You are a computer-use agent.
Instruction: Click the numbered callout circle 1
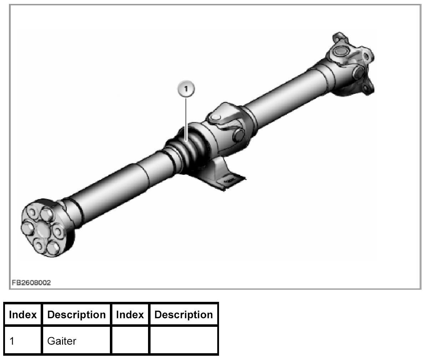(186, 88)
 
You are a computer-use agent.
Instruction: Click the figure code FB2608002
(31, 283)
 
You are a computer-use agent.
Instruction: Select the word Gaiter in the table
(62, 341)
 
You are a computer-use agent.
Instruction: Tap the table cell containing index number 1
(23, 341)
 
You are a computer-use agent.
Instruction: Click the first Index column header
(23, 315)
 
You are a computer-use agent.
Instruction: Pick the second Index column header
(130, 315)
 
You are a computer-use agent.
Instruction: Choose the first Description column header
(76, 315)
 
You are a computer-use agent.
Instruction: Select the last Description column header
(184, 315)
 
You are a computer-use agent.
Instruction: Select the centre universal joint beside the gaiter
(225, 125)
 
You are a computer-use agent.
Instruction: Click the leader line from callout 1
(186, 118)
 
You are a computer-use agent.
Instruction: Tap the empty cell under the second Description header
(184, 341)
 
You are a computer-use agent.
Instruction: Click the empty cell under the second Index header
(130, 341)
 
